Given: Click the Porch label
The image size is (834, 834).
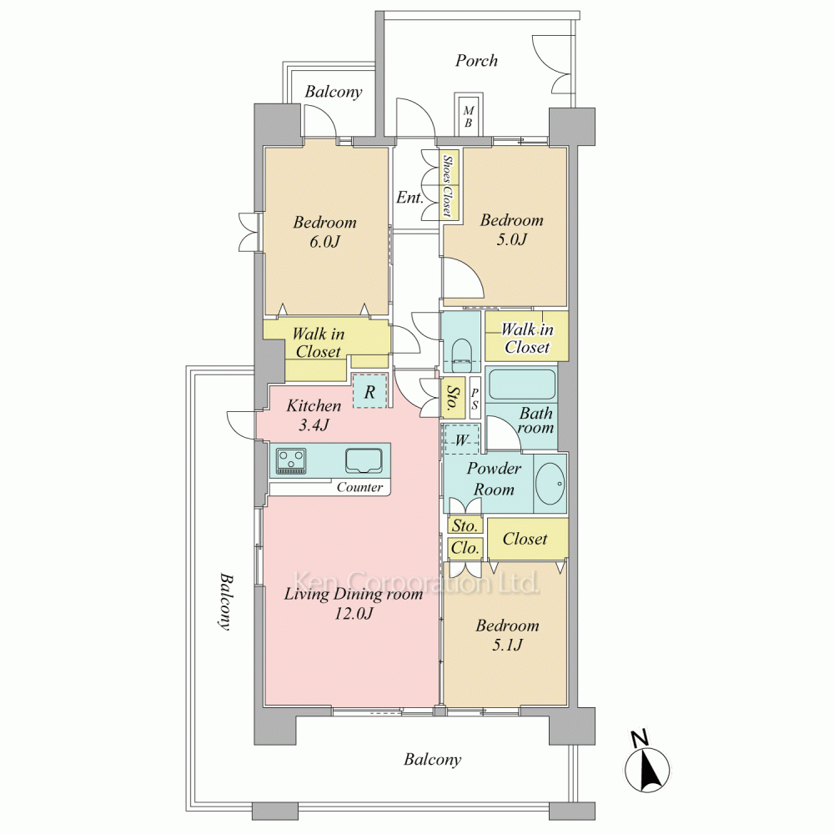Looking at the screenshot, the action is [476, 61].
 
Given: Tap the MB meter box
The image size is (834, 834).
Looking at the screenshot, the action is [468, 114].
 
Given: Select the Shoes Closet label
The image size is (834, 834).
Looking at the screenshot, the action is [448, 186].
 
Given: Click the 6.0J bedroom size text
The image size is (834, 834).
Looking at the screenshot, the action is [324, 242].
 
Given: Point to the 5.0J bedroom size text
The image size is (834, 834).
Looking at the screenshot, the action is [511, 239].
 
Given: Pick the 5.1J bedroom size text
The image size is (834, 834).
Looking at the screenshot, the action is [507, 645].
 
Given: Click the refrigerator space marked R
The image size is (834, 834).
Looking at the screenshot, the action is [369, 391].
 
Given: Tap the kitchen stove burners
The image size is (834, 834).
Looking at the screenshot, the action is [291, 460].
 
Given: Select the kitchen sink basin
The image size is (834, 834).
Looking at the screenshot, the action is [364, 460].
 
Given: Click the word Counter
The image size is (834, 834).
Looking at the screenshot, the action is [359, 487].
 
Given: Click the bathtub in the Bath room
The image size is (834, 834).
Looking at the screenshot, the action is [521, 384].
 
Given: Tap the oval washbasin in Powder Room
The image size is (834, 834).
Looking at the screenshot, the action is [550, 484].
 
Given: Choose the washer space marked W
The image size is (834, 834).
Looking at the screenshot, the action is [462, 440].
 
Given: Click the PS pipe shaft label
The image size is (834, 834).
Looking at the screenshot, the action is [475, 399].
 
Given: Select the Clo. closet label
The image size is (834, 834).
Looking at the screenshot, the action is [465, 548].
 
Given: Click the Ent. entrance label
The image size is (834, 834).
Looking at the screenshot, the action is [409, 198].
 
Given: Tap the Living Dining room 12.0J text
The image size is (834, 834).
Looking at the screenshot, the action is [353, 604].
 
